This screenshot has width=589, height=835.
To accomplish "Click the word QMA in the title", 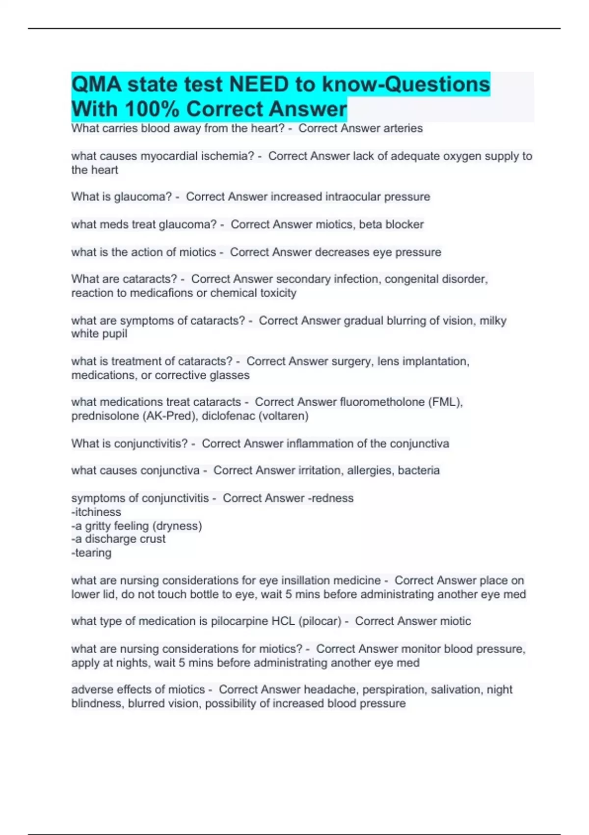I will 96,84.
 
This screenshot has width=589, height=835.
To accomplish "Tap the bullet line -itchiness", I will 96,512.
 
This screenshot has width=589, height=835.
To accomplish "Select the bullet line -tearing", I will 91,553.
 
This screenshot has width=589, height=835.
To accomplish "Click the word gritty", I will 102,526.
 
